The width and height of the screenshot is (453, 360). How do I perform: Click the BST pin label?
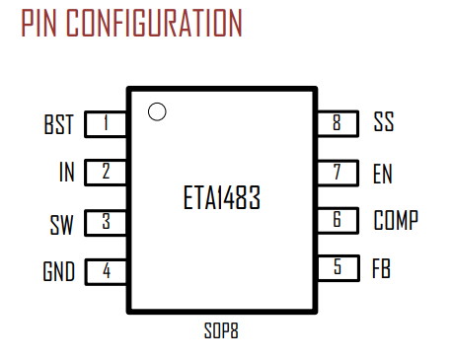[58, 124]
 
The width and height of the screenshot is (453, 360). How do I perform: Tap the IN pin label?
[66, 172]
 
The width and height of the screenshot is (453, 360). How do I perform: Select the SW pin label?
[61, 225]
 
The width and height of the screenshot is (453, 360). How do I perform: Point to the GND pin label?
[59, 271]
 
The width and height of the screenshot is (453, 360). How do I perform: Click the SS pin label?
[384, 121]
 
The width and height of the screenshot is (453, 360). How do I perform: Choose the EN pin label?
[383, 174]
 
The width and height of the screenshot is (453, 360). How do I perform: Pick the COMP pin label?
[396, 220]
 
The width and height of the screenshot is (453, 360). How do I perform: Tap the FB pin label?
[381, 268]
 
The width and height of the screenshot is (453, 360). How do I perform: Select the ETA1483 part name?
[222, 197]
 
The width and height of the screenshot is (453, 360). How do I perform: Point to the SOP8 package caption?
[221, 330]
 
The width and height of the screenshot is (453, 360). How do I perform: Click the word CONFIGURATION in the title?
[154, 23]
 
